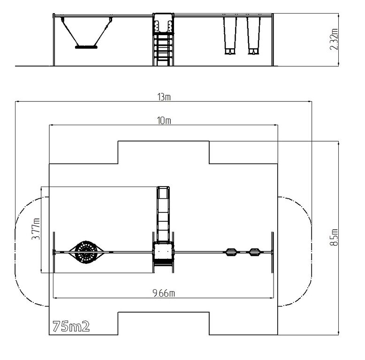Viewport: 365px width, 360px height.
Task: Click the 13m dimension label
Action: [x=164, y=97]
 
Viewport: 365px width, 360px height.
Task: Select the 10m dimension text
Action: [x=164, y=120]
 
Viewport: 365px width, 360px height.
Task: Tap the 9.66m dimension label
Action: [x=164, y=293]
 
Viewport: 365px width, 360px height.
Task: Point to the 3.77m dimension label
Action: [x=36, y=229]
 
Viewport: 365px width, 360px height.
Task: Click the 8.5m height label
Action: [x=334, y=237]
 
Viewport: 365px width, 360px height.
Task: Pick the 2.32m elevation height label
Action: [x=334, y=39]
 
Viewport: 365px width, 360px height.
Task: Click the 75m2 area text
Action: [x=71, y=326]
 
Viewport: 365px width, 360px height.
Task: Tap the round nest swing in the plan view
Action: [x=86, y=252]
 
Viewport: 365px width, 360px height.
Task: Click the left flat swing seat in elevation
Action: [x=230, y=51]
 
